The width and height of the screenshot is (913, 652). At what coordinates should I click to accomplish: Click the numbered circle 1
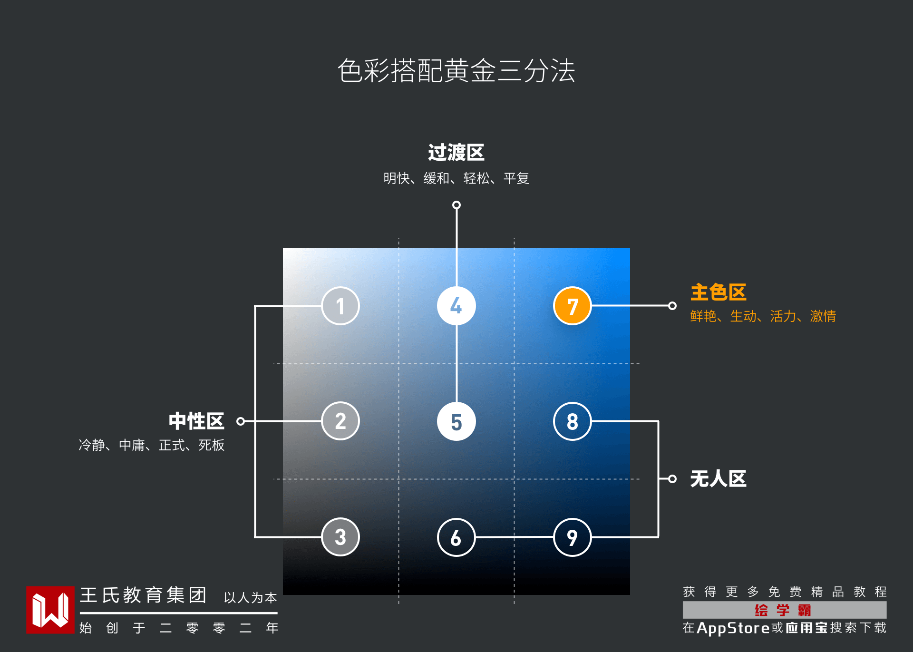tap(340, 306)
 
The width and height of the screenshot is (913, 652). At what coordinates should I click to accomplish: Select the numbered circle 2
tap(340, 421)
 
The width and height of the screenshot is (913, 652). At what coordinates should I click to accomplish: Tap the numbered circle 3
tap(340, 537)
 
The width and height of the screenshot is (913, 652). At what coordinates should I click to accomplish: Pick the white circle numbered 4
tap(456, 306)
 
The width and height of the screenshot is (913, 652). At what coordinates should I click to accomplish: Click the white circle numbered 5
tap(456, 421)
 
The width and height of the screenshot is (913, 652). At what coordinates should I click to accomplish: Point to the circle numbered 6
tap(456, 537)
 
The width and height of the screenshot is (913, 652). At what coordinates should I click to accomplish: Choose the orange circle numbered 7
tap(572, 306)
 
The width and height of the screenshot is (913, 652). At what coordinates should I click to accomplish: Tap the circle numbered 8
tap(572, 421)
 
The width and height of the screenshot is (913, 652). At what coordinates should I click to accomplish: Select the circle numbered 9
tap(572, 537)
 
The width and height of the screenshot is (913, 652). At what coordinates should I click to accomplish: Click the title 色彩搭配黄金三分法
tap(456, 71)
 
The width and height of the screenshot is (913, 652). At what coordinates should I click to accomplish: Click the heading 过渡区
tap(456, 153)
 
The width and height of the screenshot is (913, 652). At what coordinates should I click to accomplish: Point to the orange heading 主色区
tap(718, 292)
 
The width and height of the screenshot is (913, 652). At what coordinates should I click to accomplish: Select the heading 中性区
tap(196, 421)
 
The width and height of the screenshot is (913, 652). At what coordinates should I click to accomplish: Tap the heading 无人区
tap(718, 479)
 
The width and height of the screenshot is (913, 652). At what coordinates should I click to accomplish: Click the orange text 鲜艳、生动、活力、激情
tap(763, 316)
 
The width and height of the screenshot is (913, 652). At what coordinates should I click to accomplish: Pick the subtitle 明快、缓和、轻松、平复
tap(456, 178)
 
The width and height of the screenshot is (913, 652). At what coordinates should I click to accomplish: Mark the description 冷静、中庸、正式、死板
tap(152, 445)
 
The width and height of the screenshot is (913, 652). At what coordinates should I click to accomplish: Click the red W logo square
tap(50, 610)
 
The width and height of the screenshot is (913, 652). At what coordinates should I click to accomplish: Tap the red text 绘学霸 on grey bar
tap(783, 610)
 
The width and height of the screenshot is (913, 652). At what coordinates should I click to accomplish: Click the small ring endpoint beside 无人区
tap(672, 479)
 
